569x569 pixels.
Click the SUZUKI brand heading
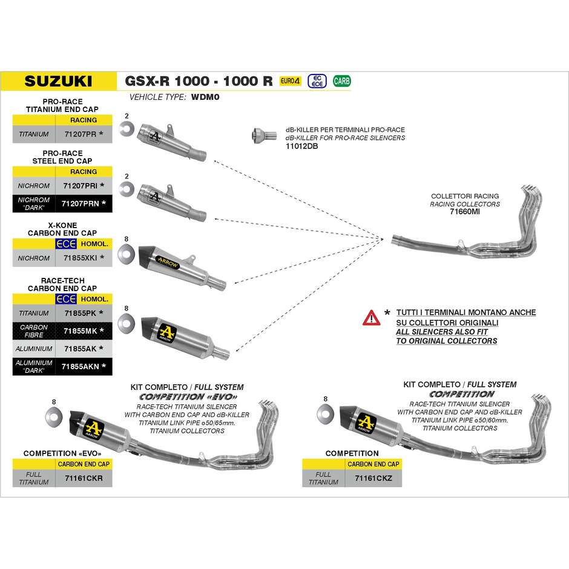tap(59, 81)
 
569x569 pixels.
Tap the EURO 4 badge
tap(290, 81)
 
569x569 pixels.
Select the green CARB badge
tap(341, 81)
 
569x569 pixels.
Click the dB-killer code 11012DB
tap(301, 146)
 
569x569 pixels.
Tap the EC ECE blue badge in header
tap(315, 81)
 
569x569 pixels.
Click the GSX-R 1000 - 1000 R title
tap(199, 81)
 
